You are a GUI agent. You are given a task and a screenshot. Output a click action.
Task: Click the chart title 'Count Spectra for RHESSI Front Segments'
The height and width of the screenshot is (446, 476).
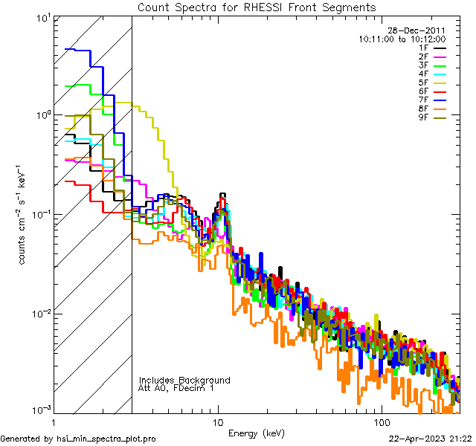[257, 7]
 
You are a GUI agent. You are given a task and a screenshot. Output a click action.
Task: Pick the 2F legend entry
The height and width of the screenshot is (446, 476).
[423, 56]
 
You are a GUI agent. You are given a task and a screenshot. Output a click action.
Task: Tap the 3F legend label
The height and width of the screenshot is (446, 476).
[423, 65]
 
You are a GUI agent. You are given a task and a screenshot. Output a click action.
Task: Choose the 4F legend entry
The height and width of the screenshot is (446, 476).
[423, 74]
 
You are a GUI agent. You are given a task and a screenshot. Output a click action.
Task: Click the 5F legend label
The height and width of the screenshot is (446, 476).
[423, 83]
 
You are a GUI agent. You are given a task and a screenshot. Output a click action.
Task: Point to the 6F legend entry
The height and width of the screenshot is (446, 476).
[423, 91]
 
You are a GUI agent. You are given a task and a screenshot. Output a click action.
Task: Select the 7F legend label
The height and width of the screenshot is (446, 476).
[423, 100]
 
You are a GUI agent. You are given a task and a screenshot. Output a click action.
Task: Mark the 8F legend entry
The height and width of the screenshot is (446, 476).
[423, 109]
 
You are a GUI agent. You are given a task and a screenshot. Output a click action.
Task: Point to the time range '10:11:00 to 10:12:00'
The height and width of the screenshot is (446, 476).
[402, 39]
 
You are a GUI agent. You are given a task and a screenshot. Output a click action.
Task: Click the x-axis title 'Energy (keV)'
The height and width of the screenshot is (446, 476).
[257, 433]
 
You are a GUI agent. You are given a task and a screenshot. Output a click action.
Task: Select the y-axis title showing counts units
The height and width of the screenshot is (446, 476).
[24, 216]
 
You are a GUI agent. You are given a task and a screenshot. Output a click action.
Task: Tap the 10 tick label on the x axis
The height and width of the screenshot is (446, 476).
[218, 421]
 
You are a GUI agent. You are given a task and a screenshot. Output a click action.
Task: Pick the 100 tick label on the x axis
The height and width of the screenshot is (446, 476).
[381, 421]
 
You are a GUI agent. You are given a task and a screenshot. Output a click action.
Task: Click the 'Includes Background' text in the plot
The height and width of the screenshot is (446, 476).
[184, 381]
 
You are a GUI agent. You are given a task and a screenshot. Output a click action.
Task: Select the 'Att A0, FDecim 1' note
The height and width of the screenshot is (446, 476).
[177, 389]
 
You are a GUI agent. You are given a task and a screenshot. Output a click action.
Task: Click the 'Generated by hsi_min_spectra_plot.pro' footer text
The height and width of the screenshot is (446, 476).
[78, 439]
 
